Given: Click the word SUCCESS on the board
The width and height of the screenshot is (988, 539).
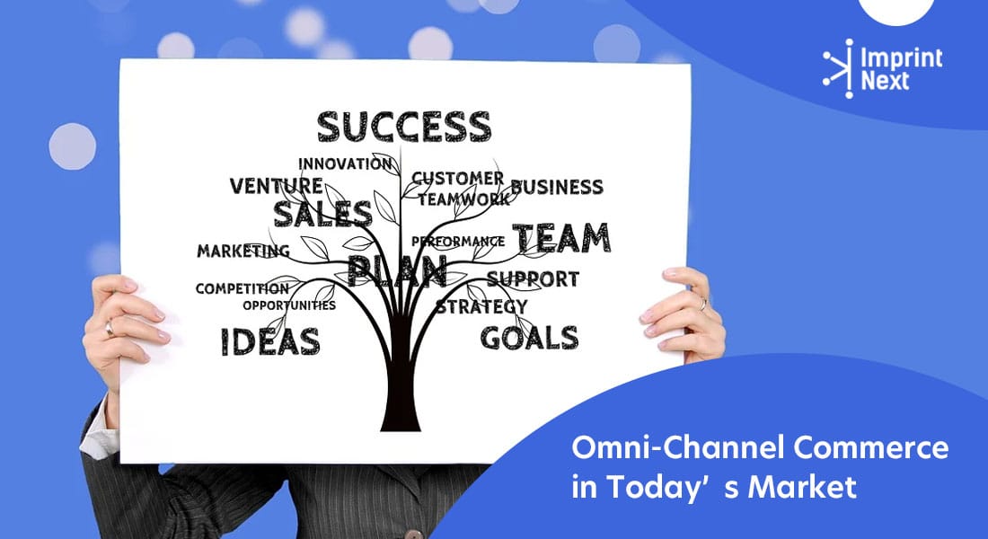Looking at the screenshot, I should click(403, 127).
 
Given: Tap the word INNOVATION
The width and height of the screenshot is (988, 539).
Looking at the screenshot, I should click(345, 163).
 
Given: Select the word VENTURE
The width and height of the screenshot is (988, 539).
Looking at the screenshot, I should click(276, 186).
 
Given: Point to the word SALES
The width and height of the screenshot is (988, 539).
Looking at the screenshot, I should click(322, 214).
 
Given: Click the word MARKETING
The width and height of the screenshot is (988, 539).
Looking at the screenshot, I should click(243, 251).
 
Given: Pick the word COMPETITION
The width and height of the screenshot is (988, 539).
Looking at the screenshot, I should click(242, 288).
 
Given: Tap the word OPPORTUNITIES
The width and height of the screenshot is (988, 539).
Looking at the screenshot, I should click(288, 305).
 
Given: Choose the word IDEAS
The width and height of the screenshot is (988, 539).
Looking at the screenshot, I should click(269, 341).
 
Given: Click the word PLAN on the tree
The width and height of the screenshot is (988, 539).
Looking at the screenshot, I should click(397, 269).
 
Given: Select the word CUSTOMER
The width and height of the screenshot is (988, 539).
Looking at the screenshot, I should click(458, 178).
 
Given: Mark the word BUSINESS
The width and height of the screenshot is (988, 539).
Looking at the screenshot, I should click(557, 187).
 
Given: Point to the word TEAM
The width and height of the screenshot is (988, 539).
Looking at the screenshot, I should click(561, 238).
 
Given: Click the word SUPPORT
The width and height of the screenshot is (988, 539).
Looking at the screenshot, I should click(533, 278).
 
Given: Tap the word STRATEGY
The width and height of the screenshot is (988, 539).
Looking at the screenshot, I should click(481, 306).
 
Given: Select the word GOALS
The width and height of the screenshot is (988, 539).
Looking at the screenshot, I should click(529, 338).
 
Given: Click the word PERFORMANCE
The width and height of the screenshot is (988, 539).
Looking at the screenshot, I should click(458, 241).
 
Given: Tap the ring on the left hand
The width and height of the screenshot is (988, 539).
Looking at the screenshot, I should click(110, 329).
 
